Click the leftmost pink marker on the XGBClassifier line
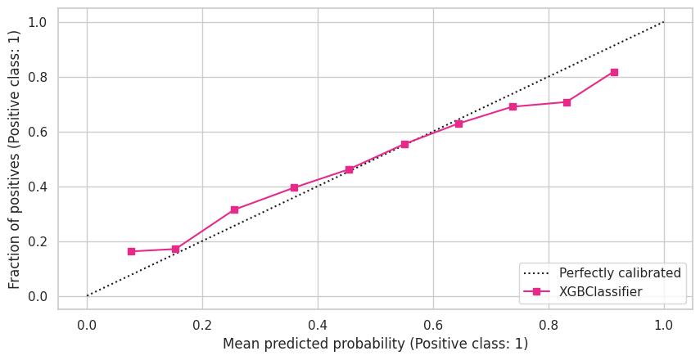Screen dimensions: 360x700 (x=131, y=251)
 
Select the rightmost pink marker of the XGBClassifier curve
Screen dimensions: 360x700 (x=614, y=72)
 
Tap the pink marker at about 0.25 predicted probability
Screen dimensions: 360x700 (x=234, y=209)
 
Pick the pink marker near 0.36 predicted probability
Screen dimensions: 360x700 (x=294, y=187)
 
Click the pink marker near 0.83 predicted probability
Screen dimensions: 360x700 (x=567, y=102)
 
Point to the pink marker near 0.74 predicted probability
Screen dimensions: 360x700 (x=513, y=106)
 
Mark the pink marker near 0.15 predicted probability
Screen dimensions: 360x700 (x=175, y=249)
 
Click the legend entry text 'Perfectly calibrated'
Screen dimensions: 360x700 (x=620, y=272)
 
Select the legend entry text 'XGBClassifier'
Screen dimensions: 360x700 (x=600, y=291)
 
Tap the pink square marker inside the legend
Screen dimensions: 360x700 (x=537, y=291)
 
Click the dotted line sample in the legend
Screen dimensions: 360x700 (x=537, y=272)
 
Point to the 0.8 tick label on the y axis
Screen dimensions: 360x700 (x=37, y=77)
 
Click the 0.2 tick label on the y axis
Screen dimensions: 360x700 (x=37, y=241)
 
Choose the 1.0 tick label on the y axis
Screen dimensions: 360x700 (x=37, y=22)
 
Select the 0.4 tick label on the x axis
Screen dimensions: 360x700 (x=318, y=324)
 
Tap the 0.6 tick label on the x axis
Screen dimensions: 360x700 (x=433, y=324)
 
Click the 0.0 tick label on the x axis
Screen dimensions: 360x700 (x=87, y=324)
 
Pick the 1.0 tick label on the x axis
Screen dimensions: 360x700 (x=664, y=324)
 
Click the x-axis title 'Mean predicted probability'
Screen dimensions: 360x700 (x=375, y=344)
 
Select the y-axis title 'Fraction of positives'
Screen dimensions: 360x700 (x=15, y=159)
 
